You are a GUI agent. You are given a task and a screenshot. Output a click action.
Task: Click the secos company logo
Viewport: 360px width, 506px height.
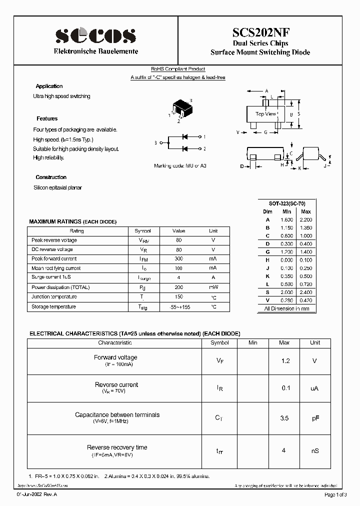pos(95,35)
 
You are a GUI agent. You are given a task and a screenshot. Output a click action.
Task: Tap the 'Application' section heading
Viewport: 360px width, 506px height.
pos(49,86)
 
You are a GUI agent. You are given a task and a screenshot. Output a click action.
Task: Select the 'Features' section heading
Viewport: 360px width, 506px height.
pos(47,118)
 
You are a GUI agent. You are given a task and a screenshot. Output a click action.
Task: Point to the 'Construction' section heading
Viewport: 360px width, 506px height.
pos(51,177)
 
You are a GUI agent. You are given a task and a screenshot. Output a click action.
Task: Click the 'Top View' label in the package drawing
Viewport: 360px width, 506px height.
pos(265,114)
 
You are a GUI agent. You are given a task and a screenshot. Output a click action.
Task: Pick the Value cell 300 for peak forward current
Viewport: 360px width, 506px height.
pos(178,258)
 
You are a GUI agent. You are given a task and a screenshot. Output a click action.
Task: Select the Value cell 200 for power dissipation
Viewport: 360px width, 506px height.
pos(178,287)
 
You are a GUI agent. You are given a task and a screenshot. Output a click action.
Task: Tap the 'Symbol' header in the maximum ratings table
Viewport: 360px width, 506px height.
pos(142,231)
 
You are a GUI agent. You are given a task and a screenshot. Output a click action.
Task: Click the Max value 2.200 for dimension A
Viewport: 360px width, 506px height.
pos(305,219)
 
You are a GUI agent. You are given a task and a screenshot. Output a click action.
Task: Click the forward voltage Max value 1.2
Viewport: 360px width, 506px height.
pos(284,360)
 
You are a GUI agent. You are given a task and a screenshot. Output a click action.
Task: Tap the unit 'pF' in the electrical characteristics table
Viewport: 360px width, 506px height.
pos(315,417)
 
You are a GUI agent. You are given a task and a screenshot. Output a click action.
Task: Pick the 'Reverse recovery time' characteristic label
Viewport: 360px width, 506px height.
pos(117,447)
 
